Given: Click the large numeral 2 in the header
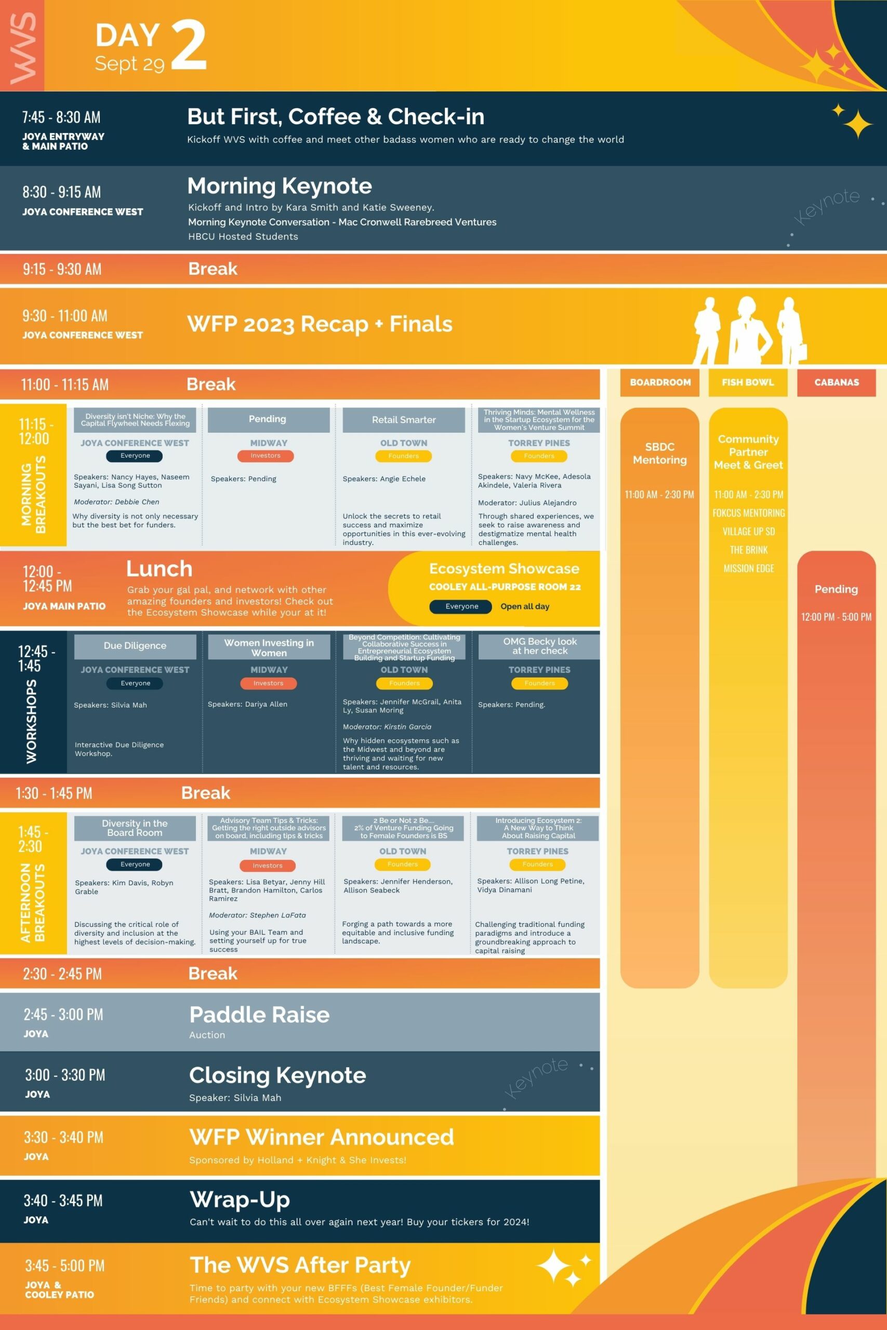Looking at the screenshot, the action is (189, 45).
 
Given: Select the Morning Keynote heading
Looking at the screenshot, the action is (280, 186).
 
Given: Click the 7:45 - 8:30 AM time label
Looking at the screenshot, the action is (61, 117).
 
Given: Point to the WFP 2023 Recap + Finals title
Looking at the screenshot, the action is (320, 324).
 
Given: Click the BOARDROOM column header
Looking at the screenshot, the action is (660, 382).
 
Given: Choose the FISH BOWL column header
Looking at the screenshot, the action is (748, 382).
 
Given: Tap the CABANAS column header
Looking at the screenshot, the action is (837, 382).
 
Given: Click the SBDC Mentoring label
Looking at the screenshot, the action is (659, 453).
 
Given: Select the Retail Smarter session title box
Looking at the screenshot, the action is (404, 420).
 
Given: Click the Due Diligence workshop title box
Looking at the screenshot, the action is (135, 646).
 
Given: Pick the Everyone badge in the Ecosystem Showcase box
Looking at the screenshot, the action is (461, 606).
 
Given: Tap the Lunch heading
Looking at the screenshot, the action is (159, 568).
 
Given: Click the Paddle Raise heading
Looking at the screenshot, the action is (260, 1015).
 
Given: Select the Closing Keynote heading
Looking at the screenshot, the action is (278, 1075).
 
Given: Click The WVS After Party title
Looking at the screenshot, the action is (300, 1265).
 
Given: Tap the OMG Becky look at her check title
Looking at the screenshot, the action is (540, 646).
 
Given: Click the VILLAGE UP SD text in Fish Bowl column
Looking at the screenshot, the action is (748, 531).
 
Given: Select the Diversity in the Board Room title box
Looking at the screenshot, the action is (135, 828).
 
